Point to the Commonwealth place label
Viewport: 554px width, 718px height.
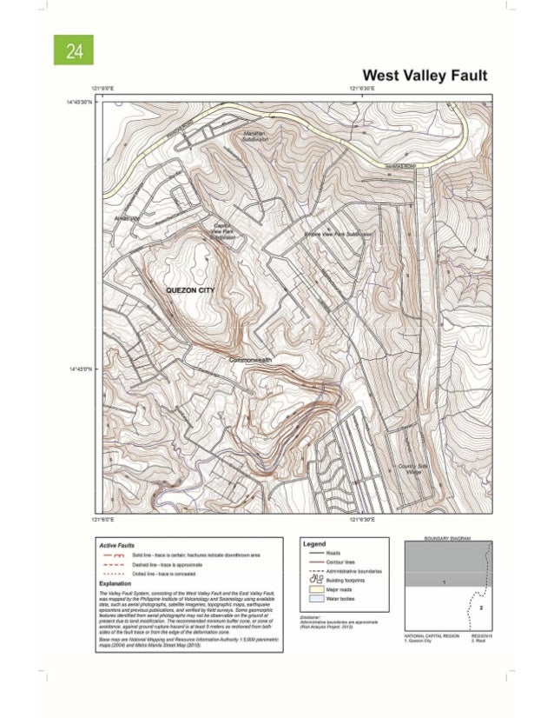click(x=252, y=360)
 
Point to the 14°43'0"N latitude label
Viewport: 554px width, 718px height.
click(x=79, y=368)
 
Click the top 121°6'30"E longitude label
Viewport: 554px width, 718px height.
click(x=363, y=90)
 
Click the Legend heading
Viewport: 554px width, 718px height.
click(x=314, y=542)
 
